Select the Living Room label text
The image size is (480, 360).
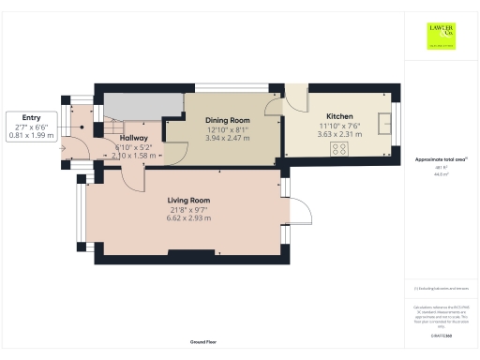[x=187, y=201]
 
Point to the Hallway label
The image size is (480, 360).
[x=132, y=138]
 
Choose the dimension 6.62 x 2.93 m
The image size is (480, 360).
[x=187, y=218]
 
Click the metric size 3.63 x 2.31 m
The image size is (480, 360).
[x=337, y=134]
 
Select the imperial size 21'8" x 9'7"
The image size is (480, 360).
[x=187, y=210]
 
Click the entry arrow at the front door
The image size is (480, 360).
[x=63, y=146]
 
